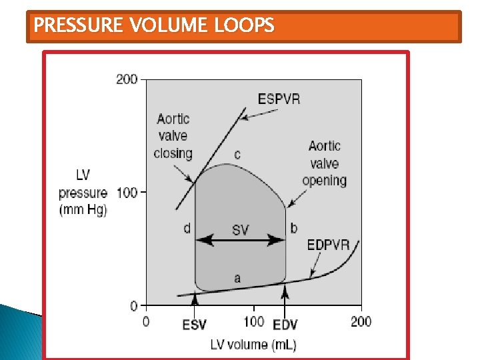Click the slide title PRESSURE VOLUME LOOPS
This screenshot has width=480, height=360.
(x=154, y=26)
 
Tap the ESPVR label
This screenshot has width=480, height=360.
(x=279, y=100)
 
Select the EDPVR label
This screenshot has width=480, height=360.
(x=328, y=245)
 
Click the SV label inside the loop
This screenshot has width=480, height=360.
(x=241, y=230)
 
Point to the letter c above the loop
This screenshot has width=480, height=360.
(x=237, y=155)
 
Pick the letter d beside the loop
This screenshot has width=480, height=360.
(x=187, y=229)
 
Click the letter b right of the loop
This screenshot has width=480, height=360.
(x=294, y=229)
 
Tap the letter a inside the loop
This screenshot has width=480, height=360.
(x=237, y=279)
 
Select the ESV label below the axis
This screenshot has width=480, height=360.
(x=195, y=325)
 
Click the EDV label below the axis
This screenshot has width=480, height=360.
(x=285, y=325)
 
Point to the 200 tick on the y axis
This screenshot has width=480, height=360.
(x=127, y=79)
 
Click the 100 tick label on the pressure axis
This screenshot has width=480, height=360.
(x=127, y=193)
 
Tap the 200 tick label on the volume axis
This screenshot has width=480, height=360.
(x=361, y=322)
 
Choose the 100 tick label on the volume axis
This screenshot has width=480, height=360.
(x=253, y=322)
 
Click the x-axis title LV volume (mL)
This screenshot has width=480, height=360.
(x=253, y=345)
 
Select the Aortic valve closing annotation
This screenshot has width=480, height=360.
(x=173, y=136)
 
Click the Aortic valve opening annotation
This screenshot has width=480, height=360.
(x=325, y=163)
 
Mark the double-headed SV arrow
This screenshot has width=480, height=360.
(x=240, y=240)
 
